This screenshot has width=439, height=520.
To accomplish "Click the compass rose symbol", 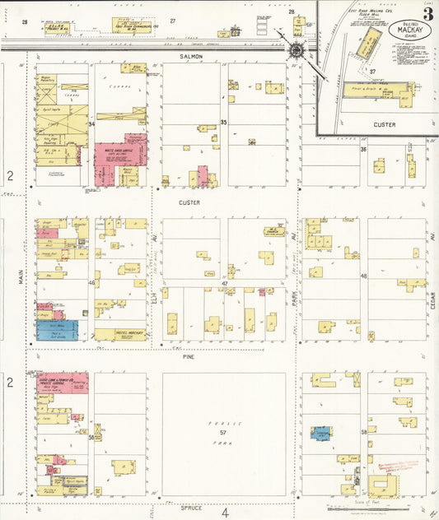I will click(296, 51).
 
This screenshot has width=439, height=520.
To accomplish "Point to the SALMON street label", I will click(189, 56).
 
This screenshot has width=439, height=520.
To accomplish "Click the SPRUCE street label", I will click(192, 507).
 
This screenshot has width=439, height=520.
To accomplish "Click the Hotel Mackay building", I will click(119, 334).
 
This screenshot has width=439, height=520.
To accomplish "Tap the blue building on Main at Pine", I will click(57, 330).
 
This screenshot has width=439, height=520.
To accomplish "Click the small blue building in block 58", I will click(321, 432).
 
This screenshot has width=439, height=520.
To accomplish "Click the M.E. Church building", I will click(268, 231).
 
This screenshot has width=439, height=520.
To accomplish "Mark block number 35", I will click(223, 122).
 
